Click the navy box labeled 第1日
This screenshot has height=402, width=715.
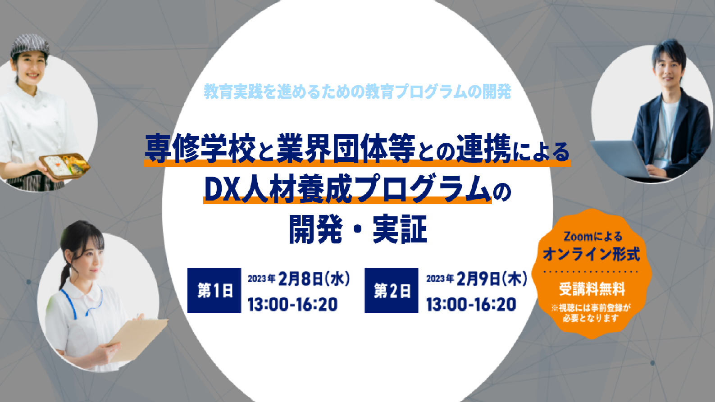[x=214, y=290]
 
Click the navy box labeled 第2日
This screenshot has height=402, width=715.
[x=392, y=290]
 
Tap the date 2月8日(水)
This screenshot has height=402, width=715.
[x=314, y=279]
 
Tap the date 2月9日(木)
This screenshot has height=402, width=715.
[x=492, y=279]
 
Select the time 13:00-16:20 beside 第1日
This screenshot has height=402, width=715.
[x=293, y=304]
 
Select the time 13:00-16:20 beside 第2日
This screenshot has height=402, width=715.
[x=471, y=304]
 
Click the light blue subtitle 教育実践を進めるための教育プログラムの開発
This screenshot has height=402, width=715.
[x=358, y=91]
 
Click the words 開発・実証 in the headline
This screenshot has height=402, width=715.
[x=358, y=229]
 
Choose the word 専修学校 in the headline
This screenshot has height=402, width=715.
[x=200, y=148]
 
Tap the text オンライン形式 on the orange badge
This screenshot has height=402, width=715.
[x=592, y=255]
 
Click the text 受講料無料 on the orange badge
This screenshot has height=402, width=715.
[x=592, y=289]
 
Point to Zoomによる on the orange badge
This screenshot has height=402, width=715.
[x=593, y=237]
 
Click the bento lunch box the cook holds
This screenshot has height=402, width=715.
[x=65, y=165]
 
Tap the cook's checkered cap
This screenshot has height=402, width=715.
[x=30, y=46]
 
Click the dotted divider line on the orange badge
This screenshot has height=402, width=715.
[x=592, y=272]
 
